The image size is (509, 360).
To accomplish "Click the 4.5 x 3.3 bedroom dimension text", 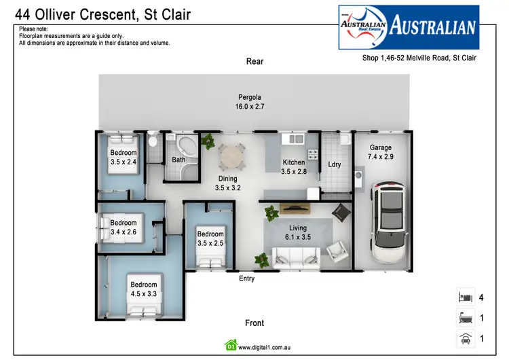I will point(144,294).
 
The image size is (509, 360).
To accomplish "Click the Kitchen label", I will point(294,162).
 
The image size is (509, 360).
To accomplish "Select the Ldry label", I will point(334,164).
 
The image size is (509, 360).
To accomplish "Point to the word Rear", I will point(254,62).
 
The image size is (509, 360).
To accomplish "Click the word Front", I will point(254,323).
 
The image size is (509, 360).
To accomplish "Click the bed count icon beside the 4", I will point(465,297).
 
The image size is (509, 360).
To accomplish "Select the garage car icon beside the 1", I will point(465,338).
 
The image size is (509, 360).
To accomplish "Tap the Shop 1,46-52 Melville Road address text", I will point(419,58).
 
